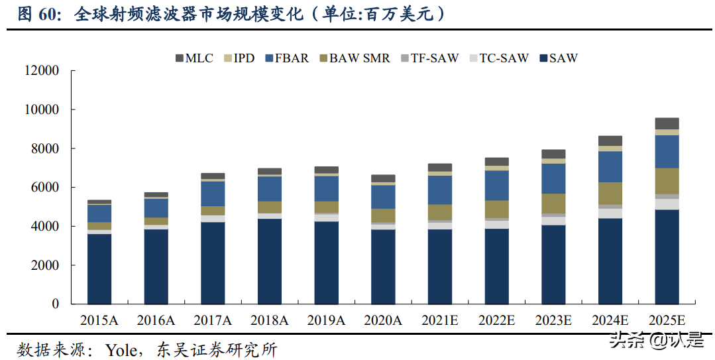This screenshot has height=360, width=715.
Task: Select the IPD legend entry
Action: click(x=237, y=58)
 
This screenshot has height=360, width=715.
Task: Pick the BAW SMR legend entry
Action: click(x=354, y=58)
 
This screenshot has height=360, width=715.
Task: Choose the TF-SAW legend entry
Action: click(x=429, y=58)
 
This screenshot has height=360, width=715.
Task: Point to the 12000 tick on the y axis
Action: click(x=40, y=70)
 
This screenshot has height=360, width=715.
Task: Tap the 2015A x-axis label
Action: click(x=99, y=320)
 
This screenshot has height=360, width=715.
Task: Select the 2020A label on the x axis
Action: click(x=383, y=320)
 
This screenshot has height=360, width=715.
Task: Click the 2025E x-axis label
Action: click(x=667, y=320)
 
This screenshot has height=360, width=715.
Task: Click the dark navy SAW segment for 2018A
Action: click(x=270, y=261)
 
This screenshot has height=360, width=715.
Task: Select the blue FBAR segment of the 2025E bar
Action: click(x=667, y=151)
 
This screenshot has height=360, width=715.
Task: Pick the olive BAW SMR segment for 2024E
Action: click(x=610, y=194)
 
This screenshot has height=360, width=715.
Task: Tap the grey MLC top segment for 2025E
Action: click(x=667, y=123)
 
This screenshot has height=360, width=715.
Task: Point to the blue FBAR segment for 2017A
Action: click(x=213, y=194)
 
